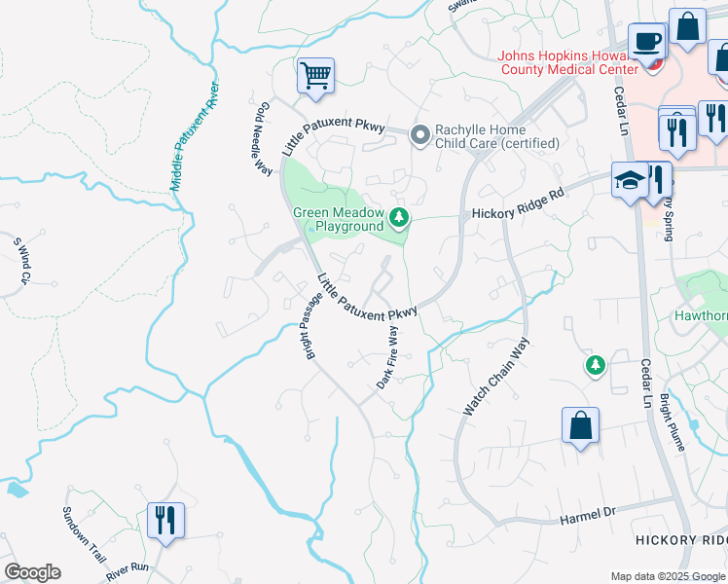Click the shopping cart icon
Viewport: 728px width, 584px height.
tap(315, 76)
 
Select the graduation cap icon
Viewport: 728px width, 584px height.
tap(628, 181)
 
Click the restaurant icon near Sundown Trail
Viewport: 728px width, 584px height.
tap(164, 520)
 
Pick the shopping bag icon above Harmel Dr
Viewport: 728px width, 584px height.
tap(580, 425)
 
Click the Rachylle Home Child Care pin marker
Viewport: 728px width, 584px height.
tap(420, 134)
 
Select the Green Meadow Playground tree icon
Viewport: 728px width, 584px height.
tap(398, 216)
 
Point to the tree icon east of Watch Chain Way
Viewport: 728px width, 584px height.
tap(594, 365)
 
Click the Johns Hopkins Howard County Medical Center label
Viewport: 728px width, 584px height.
tap(568, 61)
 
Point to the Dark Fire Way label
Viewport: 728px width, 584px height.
tap(388, 357)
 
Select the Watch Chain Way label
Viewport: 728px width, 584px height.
tap(496, 378)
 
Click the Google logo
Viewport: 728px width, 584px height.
tap(32, 572)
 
